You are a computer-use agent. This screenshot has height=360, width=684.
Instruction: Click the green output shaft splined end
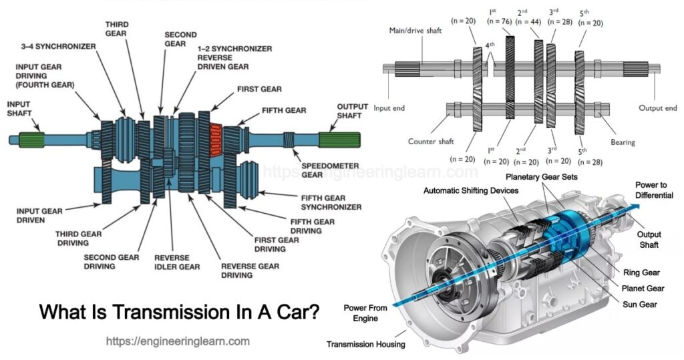point(339,140)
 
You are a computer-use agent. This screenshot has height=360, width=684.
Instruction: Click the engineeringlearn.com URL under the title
point(178,341)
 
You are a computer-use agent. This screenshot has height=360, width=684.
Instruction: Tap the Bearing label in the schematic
point(623,142)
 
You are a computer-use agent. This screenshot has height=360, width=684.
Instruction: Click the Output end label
point(657,108)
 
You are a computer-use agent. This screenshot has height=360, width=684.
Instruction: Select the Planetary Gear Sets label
point(542,176)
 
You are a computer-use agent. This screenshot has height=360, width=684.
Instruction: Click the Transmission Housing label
point(365,345)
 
